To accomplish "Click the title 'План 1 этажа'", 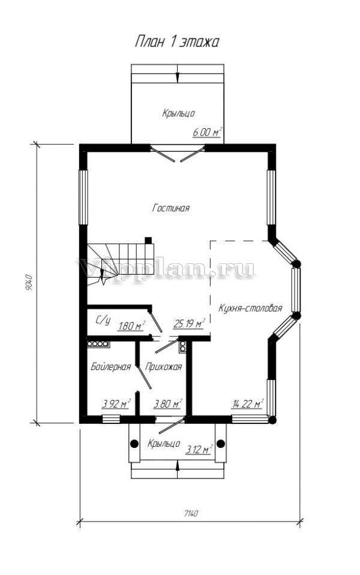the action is coord(177,42).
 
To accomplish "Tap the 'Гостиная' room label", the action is coord(170,208).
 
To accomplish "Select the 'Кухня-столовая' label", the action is coord(250,308).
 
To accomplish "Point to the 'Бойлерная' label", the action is coord(110,367).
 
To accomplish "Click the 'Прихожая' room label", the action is coord(163,367).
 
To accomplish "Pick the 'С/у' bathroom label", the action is coord(103,321).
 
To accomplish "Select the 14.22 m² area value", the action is coord(248,404).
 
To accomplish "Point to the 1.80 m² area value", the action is coord(131,325).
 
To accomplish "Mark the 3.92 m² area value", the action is coord(116,404).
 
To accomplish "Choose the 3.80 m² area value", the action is coord(168,404).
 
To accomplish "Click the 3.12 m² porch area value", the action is coord(199,449).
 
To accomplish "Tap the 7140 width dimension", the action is coord(190,513).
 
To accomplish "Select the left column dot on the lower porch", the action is coord(134,443).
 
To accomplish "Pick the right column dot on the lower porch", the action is coord(220,444).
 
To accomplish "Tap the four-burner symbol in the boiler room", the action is coord(98,344).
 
